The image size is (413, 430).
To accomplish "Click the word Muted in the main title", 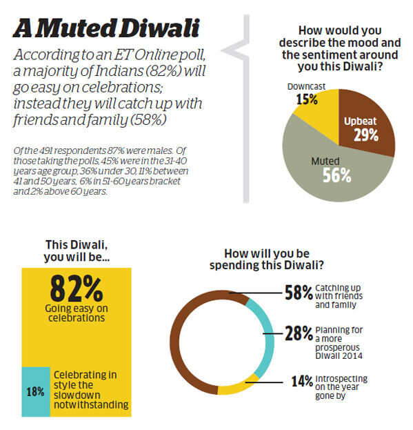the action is (x=76, y=28).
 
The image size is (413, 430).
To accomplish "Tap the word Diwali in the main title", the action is (x=160, y=28).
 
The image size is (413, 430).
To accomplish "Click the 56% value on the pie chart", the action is (x=336, y=175).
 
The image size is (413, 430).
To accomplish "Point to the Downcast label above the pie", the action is (x=306, y=87).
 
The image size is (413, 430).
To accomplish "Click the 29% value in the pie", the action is (x=366, y=135).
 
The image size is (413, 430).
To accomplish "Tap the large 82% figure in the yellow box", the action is (x=77, y=289).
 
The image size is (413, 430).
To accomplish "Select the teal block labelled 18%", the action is (x=36, y=391).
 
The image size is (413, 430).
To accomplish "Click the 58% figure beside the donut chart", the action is (x=299, y=293).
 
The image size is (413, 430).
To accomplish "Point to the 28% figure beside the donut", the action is (x=299, y=333).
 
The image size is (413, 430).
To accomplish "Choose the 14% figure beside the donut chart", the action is (x=302, y=381).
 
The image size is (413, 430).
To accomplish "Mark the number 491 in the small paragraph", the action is (x=46, y=150).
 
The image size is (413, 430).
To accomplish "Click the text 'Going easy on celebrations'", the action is (x=77, y=313).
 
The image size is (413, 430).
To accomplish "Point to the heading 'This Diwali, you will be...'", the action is (x=77, y=251).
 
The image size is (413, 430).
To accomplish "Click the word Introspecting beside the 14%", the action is (x=341, y=378).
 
